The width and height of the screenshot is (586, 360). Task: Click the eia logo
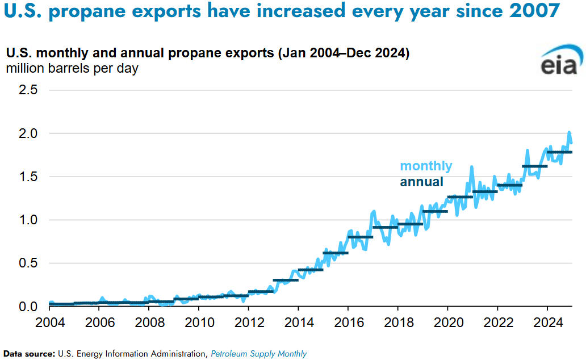[x=559, y=63]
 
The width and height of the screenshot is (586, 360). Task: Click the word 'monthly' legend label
[x=426, y=166]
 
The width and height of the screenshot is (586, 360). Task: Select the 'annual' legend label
[x=421, y=182]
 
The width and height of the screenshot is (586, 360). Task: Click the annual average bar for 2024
[x=559, y=152]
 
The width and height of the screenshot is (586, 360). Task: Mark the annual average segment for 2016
[x=360, y=237]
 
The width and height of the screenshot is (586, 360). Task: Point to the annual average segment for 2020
[x=460, y=197]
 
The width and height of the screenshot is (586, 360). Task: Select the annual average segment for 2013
[x=286, y=280]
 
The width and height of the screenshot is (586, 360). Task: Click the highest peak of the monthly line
[x=569, y=132]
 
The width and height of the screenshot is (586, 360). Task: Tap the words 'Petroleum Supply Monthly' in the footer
[x=258, y=354]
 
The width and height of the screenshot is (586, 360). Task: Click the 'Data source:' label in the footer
[x=29, y=354]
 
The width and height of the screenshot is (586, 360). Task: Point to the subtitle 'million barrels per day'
[x=72, y=69]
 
